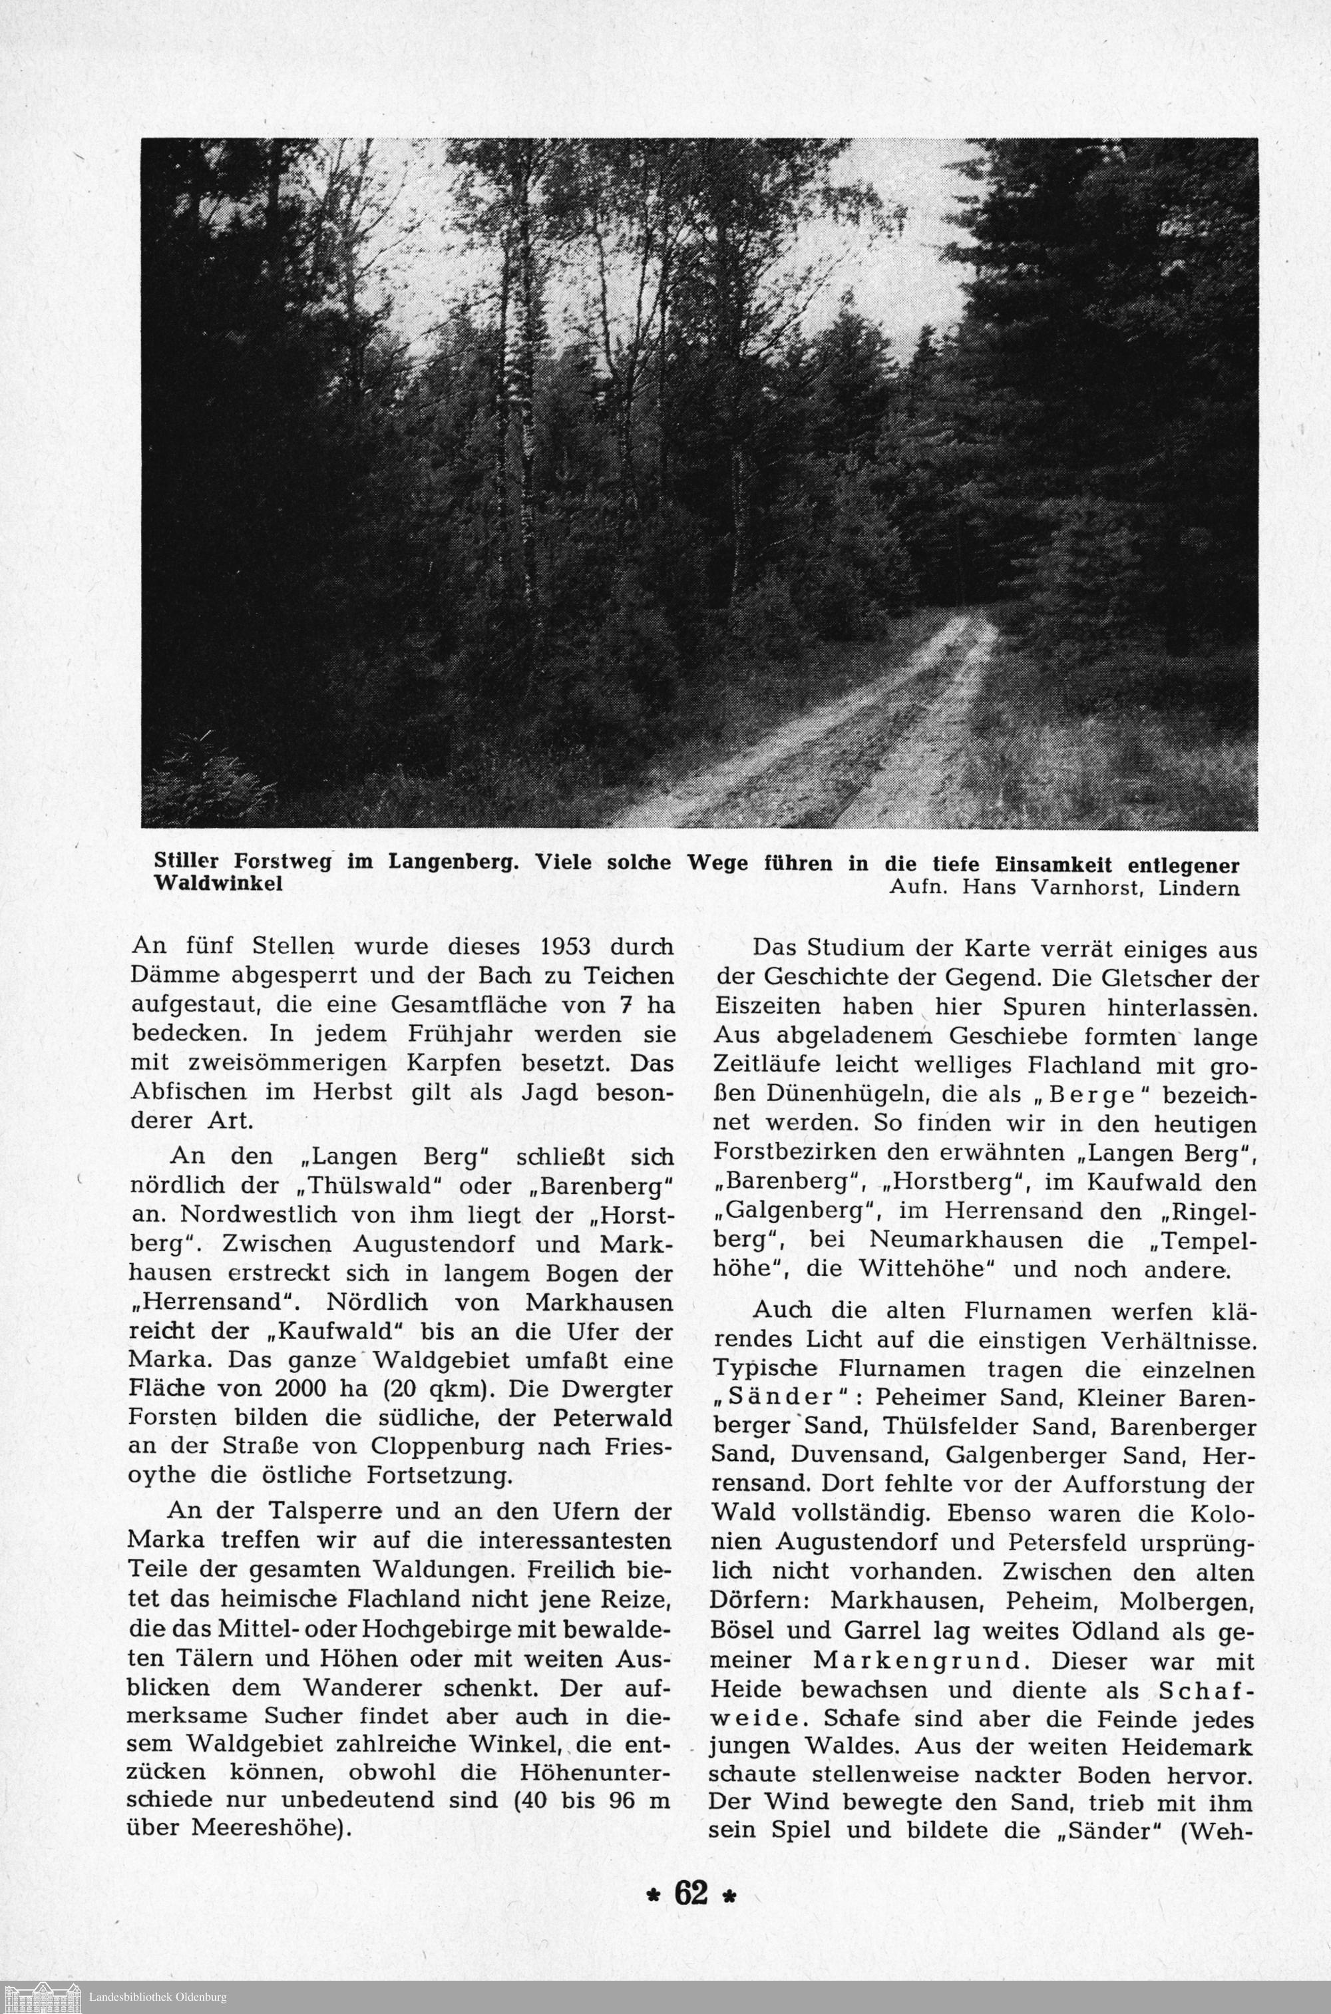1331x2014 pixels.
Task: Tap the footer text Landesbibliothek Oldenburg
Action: (x=157, y=1997)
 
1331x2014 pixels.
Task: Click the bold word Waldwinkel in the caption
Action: (x=218, y=883)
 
